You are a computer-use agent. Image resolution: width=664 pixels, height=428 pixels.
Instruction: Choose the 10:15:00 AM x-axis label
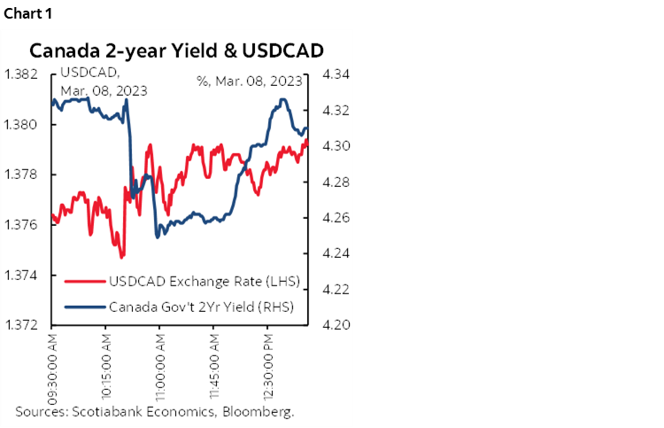(x=106, y=367)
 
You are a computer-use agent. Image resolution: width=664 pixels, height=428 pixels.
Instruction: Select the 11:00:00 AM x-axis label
(x=160, y=367)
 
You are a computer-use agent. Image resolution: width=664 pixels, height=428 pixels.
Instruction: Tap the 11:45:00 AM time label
(x=214, y=367)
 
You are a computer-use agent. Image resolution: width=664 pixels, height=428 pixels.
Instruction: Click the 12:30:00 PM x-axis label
(x=268, y=367)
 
